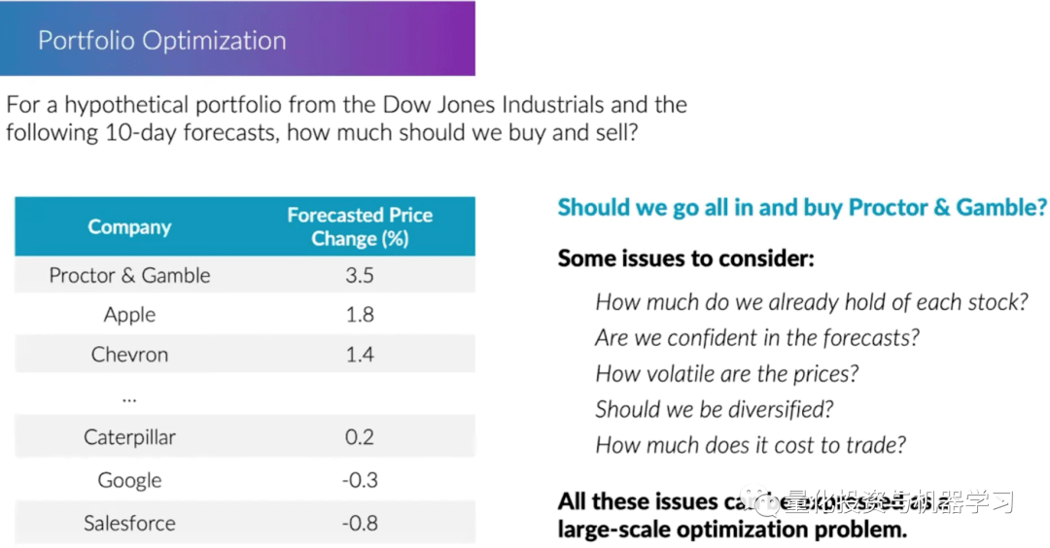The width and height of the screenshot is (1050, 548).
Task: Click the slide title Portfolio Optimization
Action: coord(161,41)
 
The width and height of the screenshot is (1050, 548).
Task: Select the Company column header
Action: coord(129,227)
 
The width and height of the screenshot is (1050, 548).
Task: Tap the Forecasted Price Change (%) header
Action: coord(360,226)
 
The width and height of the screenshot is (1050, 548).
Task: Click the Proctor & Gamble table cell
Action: coord(129,275)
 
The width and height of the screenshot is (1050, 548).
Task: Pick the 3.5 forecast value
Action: coord(360,275)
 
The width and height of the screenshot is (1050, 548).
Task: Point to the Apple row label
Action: coord(129,315)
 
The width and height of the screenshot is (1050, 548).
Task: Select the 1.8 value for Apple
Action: coord(360,315)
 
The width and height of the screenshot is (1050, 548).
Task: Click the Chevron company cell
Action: coord(129,355)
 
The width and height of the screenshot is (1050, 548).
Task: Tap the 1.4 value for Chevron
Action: coord(360,355)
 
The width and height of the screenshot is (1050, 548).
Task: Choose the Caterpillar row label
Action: coord(129,437)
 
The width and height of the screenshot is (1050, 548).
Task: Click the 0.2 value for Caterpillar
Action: coord(360,437)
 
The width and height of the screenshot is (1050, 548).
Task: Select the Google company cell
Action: coord(129,480)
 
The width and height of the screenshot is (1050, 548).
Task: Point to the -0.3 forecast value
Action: coord(360,480)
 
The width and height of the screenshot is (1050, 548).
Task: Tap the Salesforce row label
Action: coord(129,523)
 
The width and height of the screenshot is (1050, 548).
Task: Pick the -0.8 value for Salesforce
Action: coord(360,523)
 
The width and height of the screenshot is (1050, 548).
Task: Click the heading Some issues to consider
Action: coord(685,258)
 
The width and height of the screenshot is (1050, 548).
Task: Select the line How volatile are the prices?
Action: coord(727,374)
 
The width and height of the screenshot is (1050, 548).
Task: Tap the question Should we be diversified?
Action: coord(715,409)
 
